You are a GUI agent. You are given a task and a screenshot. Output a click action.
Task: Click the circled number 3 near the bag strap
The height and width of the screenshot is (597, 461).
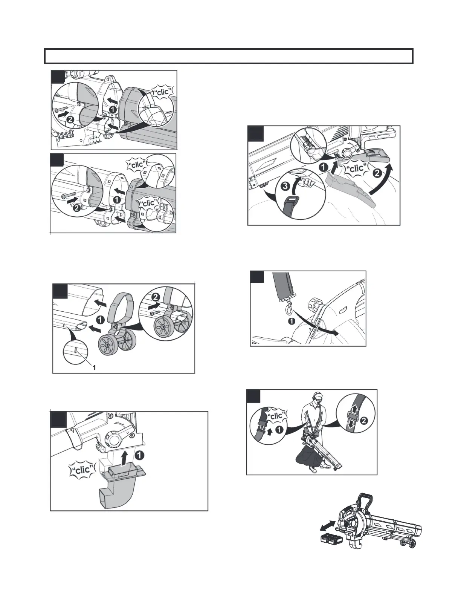coord(285,187)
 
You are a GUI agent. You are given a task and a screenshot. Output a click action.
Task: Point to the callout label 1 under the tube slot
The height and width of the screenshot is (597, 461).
coord(94,367)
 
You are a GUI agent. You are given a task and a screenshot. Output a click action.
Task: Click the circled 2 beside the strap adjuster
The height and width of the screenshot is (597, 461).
coord(364,421)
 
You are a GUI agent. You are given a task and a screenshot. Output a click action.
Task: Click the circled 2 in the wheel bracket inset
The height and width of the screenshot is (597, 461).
coord(156,297)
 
